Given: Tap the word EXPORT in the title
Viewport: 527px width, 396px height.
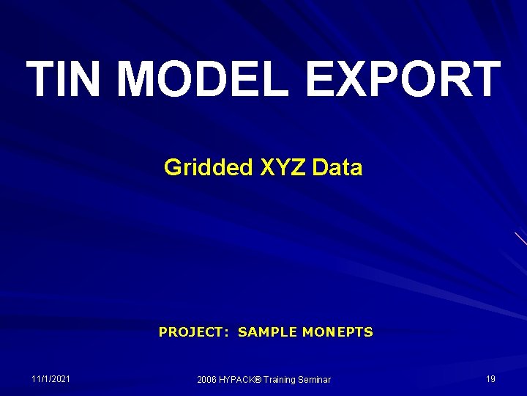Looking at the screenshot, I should click(403, 79).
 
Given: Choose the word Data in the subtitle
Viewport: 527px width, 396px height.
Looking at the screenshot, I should click(337, 168).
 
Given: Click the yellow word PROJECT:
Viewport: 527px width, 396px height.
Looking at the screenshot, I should click(194, 332).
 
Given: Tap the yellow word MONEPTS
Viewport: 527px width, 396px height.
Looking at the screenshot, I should click(337, 332).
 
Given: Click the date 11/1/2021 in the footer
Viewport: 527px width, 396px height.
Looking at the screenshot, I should click(51, 379).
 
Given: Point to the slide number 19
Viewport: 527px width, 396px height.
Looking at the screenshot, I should click(490, 379).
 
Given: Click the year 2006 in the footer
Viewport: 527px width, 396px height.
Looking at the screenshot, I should click(208, 380).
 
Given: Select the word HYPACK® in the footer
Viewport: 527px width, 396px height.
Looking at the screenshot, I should click(240, 380).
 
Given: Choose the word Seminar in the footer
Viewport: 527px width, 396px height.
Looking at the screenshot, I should click(315, 380).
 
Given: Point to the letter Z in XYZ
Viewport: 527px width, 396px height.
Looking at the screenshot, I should click(299, 168).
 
